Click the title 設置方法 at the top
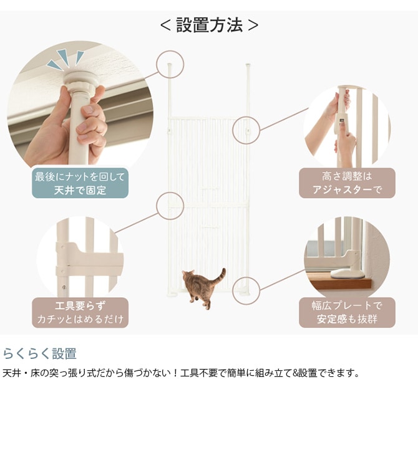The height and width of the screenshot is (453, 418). coord(209,25)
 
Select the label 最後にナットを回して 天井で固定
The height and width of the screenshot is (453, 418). coord(80,183)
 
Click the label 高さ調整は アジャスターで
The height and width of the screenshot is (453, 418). coord(347,183)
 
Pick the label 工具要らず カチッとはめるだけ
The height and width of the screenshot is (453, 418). coord(80,313)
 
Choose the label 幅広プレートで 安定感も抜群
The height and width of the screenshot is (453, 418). coord(347,313)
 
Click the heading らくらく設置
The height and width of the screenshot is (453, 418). coord(40,354)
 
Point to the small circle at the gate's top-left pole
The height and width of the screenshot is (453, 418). coord(170,64)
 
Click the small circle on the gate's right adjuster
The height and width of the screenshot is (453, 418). coord(246,131)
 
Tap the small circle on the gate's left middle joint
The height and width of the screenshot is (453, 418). coord(170,206)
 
